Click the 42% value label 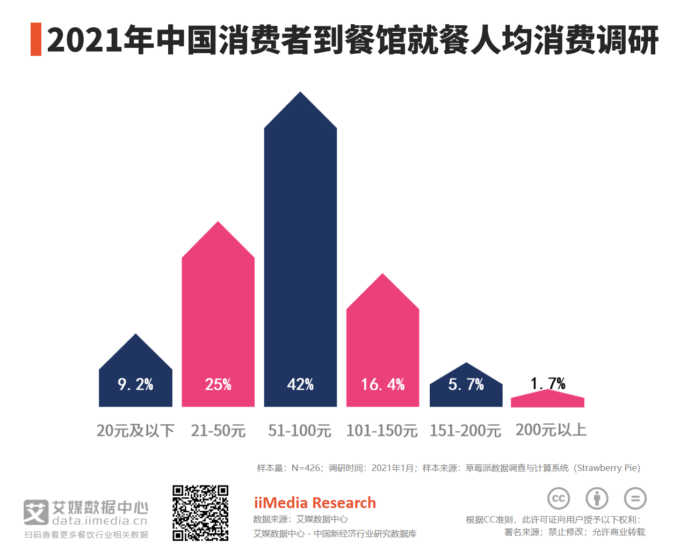pos(300,384)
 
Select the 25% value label pos(218,384)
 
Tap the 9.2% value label pos(135,384)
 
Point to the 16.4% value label pos(382,384)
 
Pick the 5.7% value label pos(466,384)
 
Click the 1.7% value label pos(548,383)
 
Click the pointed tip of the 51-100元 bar pos(300,94)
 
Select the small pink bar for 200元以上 pos(547,400)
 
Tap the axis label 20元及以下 pos(135,431)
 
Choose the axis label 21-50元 pos(218,431)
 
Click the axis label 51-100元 pos(300,431)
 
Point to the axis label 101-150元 pos(382,431)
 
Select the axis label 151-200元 pos(465,431)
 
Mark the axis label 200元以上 pos(551,430)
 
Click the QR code pos(200,513)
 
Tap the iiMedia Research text pos(315,503)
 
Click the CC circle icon pos(559,498)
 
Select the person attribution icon pos(597,498)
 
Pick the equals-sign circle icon pos(635,498)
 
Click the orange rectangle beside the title pos(36,39)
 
